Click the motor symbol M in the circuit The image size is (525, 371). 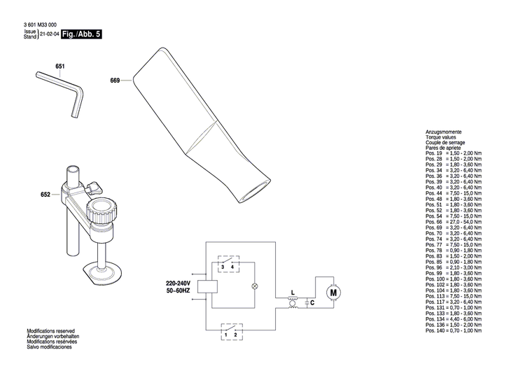[332, 290]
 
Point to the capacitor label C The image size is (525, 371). [312, 302]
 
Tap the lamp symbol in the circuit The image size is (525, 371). [254, 286]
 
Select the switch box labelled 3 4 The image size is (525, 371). [227, 267]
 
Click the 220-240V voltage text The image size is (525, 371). [178, 282]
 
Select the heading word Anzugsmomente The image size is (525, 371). [444, 132]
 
